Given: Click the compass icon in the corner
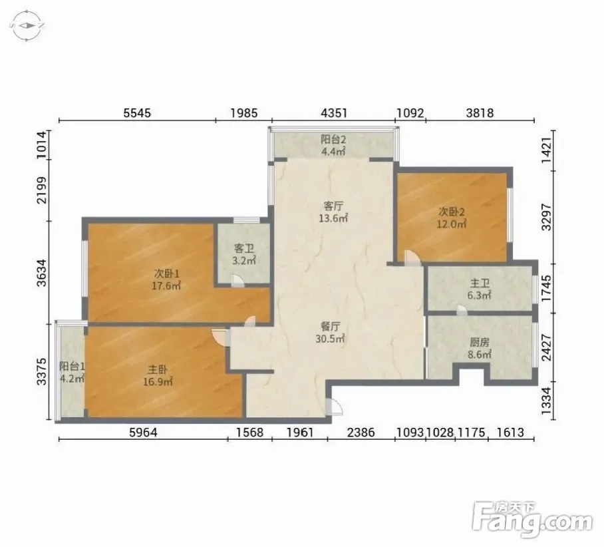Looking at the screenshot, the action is coord(27,26).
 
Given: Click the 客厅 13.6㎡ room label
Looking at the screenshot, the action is coord(333,212).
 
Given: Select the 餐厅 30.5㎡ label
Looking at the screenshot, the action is coord(331,333).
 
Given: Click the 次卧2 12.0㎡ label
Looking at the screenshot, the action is coord(452,218).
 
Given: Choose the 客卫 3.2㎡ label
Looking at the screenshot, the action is coord(244,254).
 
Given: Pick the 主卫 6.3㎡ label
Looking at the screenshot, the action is coord(480,289).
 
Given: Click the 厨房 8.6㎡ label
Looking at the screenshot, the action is coord(480,348).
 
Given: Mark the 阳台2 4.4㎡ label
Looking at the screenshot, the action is coord(333,145).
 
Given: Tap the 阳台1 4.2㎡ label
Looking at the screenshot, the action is coord(73,372).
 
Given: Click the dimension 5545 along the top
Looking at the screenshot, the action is coord(137,113).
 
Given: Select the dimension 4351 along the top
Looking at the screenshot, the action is coord(334,113).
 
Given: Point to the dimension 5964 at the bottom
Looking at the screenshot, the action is coord(143,432).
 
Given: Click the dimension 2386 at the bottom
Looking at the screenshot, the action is coord(361,432).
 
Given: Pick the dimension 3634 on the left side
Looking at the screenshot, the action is coord(42,273).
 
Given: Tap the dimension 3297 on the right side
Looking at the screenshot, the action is coord(546,217).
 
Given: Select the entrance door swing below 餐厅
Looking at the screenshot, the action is coord(334,407).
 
